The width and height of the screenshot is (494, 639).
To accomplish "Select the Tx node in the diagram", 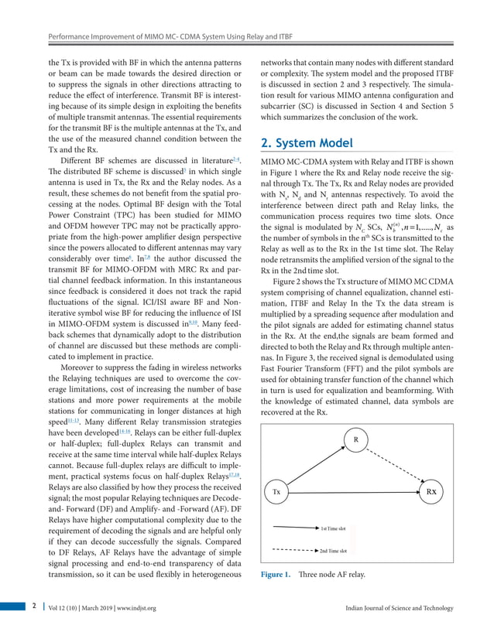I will pyautogui.click(x=277, y=491).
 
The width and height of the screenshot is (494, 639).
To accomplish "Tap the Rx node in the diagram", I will pyautogui.click(x=436, y=491).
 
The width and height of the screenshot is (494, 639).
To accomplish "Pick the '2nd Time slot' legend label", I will pyautogui.click(x=333, y=551).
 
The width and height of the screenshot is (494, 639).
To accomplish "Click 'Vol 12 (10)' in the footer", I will pyautogui.click(x=61, y=609).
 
